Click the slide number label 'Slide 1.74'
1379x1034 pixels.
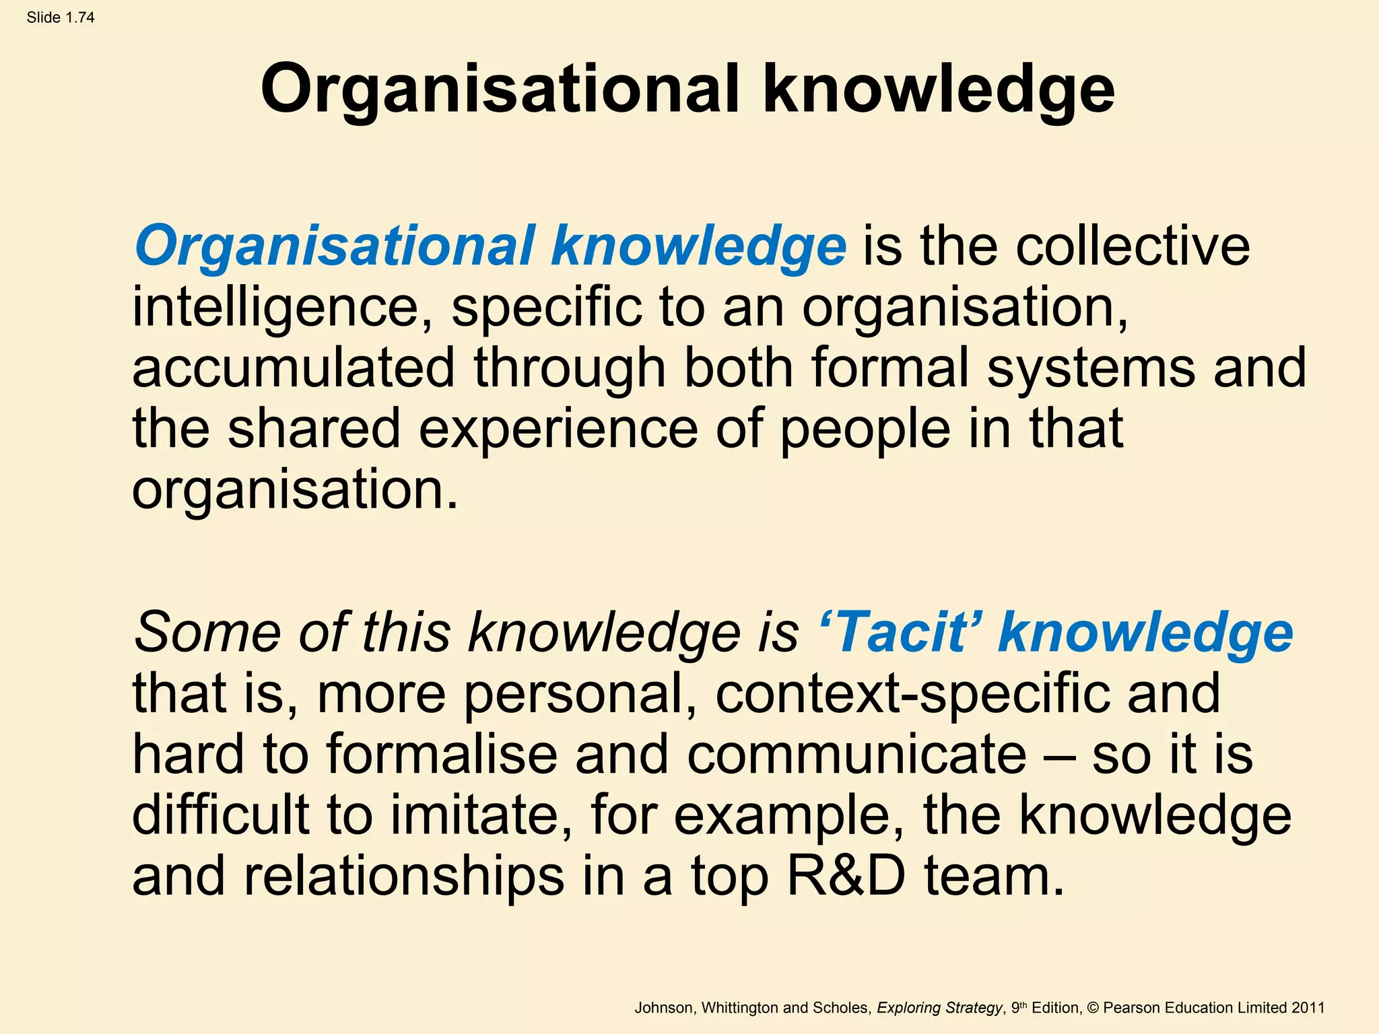tap(61, 18)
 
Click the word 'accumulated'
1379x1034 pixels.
tap(294, 368)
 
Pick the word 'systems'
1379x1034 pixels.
tap(1091, 368)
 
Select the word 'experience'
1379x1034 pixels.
tap(558, 429)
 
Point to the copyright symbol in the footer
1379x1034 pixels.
tap(1092, 1008)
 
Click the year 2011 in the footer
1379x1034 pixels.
tap(1308, 1008)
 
